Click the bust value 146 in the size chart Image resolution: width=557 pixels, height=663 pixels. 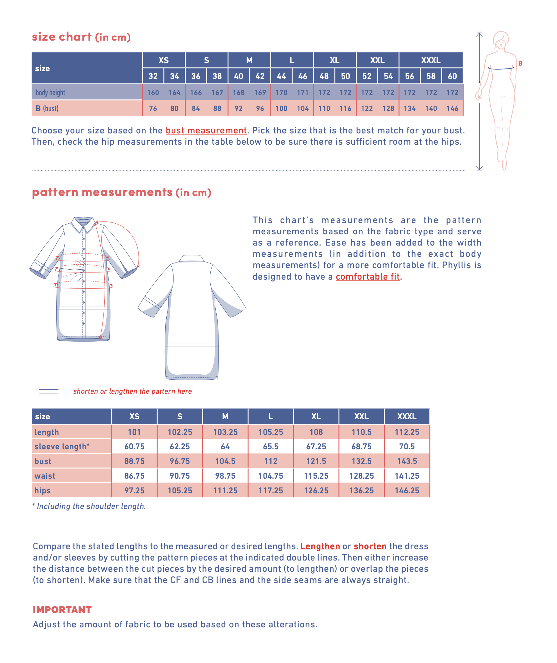coord(452,108)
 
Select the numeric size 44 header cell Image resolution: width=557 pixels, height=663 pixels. coord(281,76)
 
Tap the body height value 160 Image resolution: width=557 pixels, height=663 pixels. coord(153,92)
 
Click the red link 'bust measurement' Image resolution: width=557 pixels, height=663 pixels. coord(206,130)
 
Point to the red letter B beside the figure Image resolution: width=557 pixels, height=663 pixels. coord(520,63)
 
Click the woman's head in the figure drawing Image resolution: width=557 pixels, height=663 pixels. coord(501,39)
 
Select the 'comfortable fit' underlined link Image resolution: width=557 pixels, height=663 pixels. coord(368,277)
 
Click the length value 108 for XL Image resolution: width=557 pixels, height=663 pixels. coord(316,432)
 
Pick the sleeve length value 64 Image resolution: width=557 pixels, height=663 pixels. coord(225,446)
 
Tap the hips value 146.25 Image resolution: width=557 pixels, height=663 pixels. coord(407,491)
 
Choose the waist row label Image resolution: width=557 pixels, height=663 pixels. coord(45,476)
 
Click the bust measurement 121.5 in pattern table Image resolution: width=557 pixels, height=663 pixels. coord(316,461)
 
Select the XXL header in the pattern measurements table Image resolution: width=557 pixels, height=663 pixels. coord(361,416)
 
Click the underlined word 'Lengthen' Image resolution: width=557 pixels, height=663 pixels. coord(320,546)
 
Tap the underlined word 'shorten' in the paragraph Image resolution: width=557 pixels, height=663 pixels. coord(370,546)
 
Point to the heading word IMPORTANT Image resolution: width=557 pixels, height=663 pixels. coord(62,610)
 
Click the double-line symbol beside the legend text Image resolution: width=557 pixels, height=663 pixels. coord(49,391)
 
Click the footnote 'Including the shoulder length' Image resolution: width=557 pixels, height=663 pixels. coord(91,506)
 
